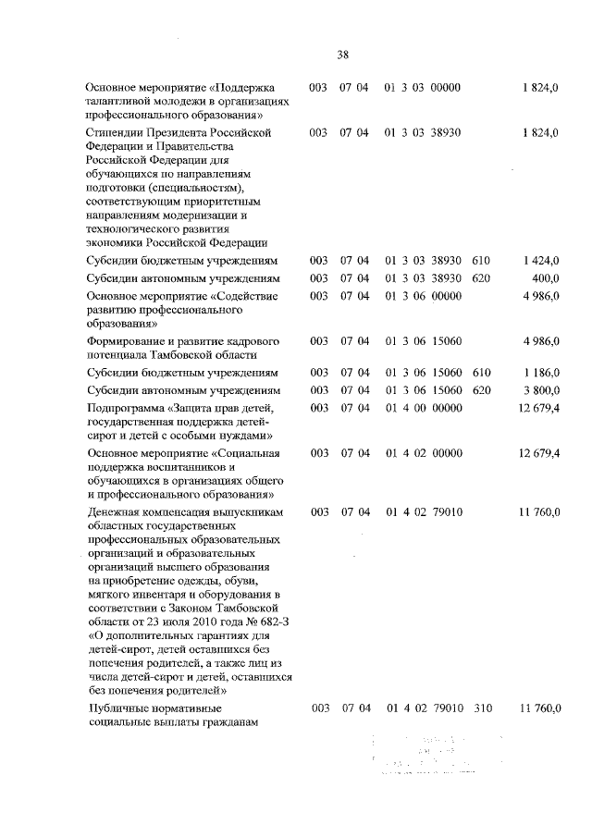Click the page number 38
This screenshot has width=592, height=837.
[342, 54]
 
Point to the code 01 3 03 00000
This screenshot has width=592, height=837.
[424, 88]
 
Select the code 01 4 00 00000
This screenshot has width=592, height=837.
[424, 406]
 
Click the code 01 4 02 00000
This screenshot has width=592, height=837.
[424, 454]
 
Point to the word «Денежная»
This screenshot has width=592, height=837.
[114, 511]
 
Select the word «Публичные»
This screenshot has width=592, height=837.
[118, 708]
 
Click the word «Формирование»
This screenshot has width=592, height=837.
[128, 341]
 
